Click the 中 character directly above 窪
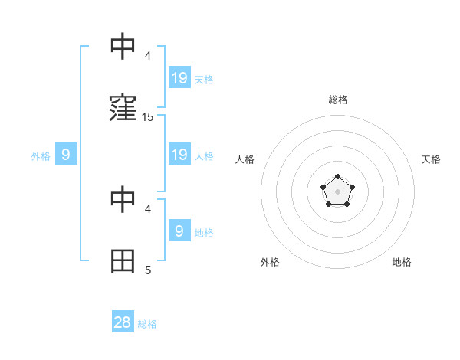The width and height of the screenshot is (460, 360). click(123, 47)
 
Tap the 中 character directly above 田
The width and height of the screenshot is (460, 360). click(123, 200)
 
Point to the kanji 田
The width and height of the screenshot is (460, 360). click(123, 261)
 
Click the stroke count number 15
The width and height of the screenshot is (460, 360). click(148, 117)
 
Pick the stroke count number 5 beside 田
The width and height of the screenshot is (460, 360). click(148, 270)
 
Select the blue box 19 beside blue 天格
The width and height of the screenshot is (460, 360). click(179, 78)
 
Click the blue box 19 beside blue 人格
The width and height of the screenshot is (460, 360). click(179, 155)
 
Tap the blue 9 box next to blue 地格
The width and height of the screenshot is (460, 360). click(179, 231)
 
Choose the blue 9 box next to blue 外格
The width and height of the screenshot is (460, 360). click(66, 155)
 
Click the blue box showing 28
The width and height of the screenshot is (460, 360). click(123, 322)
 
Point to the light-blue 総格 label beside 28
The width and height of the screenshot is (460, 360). click(147, 324)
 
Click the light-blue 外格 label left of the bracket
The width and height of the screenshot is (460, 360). click(41, 156)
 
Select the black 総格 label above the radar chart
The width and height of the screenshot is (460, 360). click(337, 100)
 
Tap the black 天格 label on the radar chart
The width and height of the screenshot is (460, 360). click(432, 159)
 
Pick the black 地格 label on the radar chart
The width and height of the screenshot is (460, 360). click(402, 262)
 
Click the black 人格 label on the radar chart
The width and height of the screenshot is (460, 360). click(245, 159)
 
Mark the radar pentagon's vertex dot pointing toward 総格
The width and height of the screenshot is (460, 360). click(337, 177)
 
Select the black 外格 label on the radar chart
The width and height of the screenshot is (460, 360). click(270, 262)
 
